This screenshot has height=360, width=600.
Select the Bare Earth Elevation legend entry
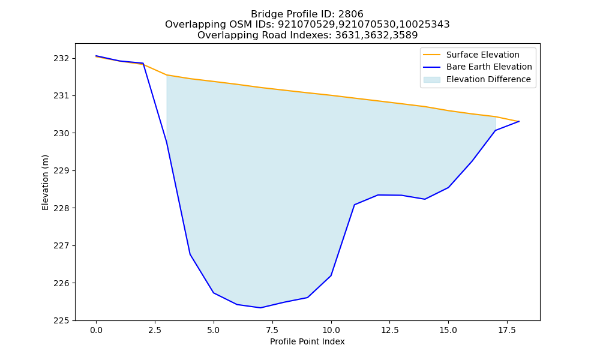(x=478, y=67)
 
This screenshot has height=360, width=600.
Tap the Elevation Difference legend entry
(x=477, y=80)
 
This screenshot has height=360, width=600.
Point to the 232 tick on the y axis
(x=62, y=59)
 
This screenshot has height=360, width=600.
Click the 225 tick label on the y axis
(x=62, y=320)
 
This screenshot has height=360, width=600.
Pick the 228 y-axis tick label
(x=62, y=208)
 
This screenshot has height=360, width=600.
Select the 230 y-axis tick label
(x=62, y=133)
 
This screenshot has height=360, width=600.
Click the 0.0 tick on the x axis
(x=96, y=330)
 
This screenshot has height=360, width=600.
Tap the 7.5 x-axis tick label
(x=272, y=330)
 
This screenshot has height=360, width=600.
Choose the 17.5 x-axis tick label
(x=507, y=330)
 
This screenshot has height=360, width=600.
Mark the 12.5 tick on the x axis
(x=389, y=330)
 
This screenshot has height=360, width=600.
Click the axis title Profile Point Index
(x=307, y=341)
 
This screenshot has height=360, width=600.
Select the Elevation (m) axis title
(x=45, y=182)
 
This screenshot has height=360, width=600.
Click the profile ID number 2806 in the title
(x=350, y=14)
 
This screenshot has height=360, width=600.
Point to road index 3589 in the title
(x=405, y=35)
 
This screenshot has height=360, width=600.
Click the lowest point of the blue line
(x=260, y=308)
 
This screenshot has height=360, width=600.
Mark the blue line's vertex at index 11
(x=355, y=205)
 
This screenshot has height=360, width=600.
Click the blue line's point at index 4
(x=190, y=254)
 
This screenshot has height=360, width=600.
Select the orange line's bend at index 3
(x=166, y=75)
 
